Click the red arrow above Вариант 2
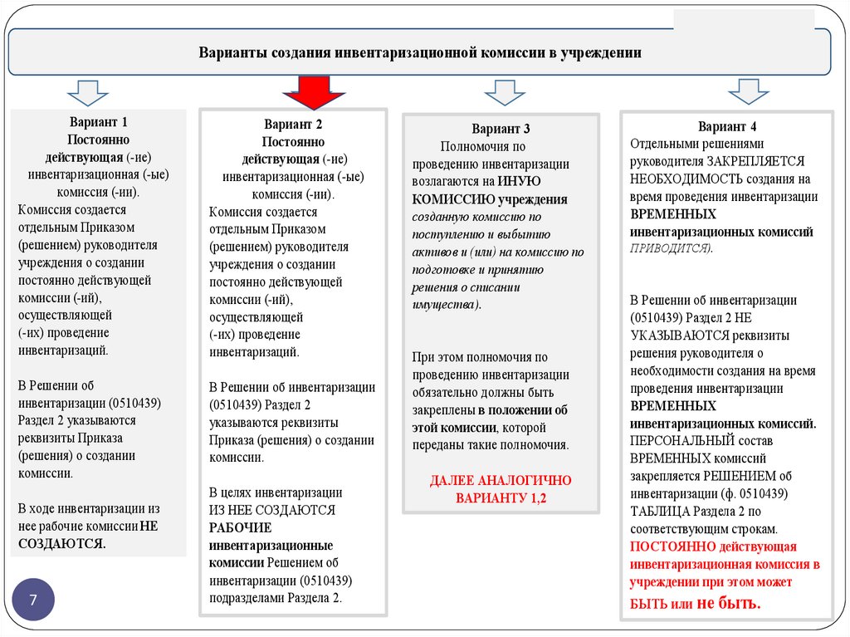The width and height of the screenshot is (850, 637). pos(313,92)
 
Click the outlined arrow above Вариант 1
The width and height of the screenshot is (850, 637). pos(88,91)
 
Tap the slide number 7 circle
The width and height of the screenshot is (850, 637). pos(33,600)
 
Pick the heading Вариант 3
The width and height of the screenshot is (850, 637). pos(501,129)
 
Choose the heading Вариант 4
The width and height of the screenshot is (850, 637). pos(727,127)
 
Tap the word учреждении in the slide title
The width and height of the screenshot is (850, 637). pos(601,52)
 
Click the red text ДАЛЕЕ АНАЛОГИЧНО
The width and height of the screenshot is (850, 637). pos(501,480)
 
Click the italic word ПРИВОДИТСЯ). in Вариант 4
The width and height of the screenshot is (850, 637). pos(671,248)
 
